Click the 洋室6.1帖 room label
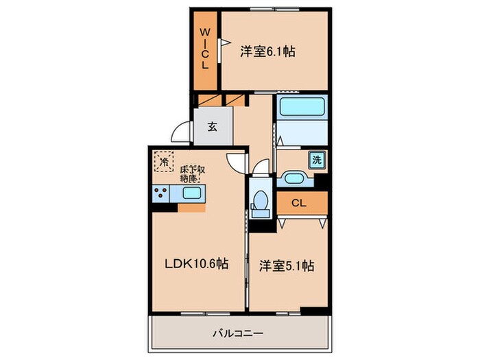tap(267, 51)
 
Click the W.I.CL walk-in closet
tap(204, 49)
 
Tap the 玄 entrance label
tap(212, 127)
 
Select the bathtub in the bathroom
tap(301, 108)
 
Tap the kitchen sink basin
tap(191, 194)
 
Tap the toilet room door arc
tap(263, 169)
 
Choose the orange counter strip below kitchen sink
tap(191, 207)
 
